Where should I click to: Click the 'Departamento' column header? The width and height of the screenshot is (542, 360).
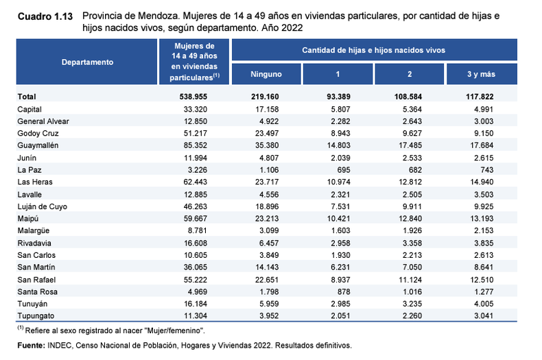(87, 62)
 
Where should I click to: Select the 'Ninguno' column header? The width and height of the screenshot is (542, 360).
(266, 74)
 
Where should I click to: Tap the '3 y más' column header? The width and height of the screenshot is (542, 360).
(481, 74)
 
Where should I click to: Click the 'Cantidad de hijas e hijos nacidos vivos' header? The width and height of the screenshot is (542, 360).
(374, 51)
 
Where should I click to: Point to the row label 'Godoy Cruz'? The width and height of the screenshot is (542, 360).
(38, 133)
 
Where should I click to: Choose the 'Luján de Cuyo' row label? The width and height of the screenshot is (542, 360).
(42, 206)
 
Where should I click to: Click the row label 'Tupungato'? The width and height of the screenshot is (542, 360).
(36, 316)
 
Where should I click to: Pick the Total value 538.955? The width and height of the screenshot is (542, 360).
(193, 97)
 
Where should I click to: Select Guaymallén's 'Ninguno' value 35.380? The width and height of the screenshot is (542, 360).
(267, 145)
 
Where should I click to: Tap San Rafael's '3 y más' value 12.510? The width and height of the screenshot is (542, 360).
(482, 280)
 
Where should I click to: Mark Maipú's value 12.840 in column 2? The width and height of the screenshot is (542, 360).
(410, 219)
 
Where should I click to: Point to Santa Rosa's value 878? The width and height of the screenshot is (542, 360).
(344, 292)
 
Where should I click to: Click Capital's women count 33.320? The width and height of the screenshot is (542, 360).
(196, 110)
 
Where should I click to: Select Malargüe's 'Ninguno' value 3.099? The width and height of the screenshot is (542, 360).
(269, 231)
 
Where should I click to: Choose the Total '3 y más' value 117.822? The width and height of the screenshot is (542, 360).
(480, 97)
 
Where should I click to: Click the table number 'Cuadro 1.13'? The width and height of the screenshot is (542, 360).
(45, 16)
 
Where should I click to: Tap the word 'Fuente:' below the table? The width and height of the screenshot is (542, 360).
(31, 346)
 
